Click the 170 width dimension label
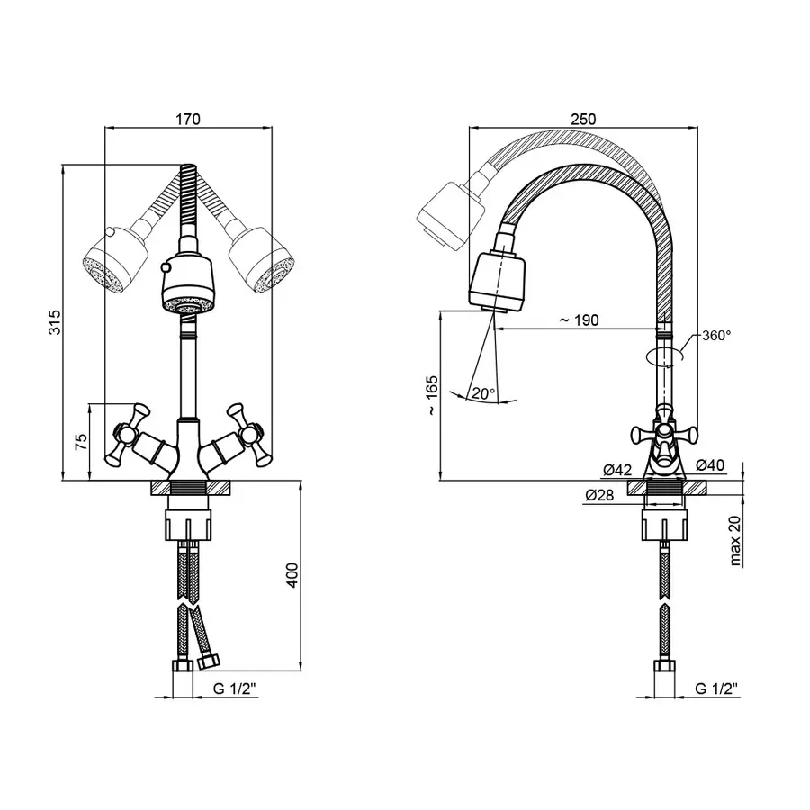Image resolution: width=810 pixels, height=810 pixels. (x=188, y=120)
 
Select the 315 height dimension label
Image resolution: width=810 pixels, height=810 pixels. (x=54, y=322)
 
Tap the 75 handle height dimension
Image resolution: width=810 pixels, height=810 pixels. (x=82, y=442)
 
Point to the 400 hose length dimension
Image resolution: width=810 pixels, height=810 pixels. (x=292, y=575)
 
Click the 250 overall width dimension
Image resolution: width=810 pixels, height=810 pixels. (x=583, y=120)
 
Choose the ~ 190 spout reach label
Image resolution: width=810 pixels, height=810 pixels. (x=579, y=320)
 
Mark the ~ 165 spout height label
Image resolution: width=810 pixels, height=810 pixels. (x=432, y=396)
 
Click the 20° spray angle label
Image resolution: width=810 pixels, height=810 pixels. (x=483, y=393)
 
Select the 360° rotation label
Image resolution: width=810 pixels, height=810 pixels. (x=716, y=336)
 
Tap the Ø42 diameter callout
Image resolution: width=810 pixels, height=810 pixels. (x=617, y=470)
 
